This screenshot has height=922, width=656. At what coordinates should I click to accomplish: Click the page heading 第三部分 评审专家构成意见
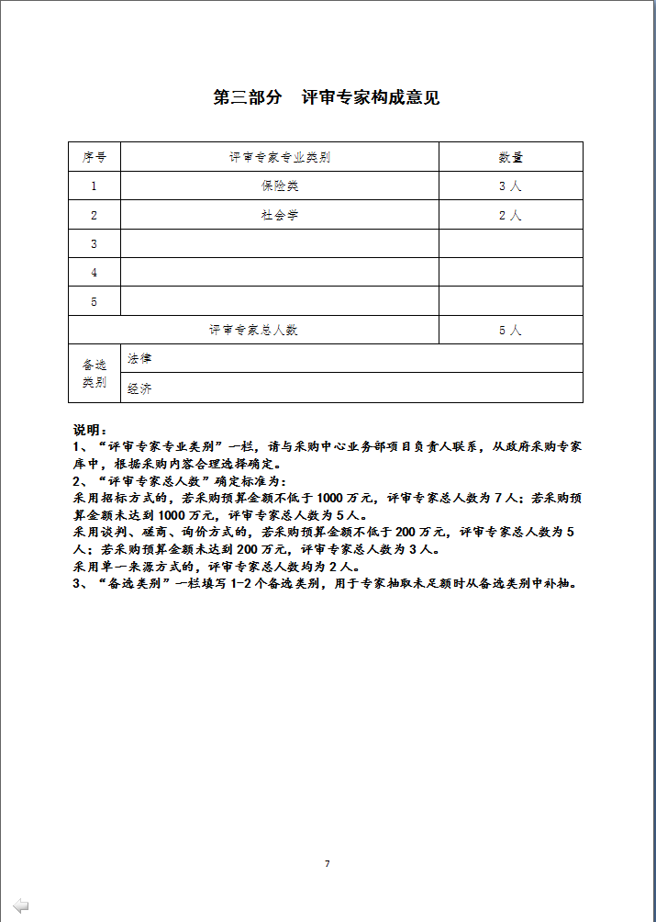click(x=327, y=97)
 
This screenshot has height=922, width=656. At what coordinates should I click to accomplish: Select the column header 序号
click(x=95, y=157)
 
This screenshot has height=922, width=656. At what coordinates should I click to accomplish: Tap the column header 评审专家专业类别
click(x=280, y=157)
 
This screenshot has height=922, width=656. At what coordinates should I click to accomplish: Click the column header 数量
click(x=510, y=157)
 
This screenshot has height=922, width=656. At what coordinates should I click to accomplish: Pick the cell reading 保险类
click(x=280, y=186)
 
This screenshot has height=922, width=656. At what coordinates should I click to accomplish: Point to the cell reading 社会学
click(x=280, y=216)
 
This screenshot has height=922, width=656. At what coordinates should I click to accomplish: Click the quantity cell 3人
click(x=510, y=186)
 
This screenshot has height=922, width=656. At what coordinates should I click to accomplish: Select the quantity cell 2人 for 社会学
click(x=510, y=216)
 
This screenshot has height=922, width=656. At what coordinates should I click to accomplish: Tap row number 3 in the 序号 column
click(x=95, y=244)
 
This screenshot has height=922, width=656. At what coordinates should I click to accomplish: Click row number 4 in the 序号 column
click(x=95, y=273)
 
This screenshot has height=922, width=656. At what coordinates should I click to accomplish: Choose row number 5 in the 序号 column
click(x=95, y=301)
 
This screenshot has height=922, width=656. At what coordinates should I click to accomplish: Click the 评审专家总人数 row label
click(x=253, y=330)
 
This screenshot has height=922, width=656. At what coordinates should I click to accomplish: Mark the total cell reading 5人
click(x=510, y=330)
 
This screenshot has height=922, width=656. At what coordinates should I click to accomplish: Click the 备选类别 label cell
click(x=95, y=374)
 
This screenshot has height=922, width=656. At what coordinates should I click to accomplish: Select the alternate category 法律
click(x=140, y=358)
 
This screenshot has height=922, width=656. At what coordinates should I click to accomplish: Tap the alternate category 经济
click(x=140, y=388)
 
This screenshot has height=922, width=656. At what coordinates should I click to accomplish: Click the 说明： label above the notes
click(x=91, y=430)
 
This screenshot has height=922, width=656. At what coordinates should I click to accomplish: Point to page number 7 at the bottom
click(x=327, y=864)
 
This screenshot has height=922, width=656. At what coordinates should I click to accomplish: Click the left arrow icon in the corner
click(x=20, y=905)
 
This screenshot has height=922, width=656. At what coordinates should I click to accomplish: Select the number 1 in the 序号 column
click(x=95, y=186)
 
